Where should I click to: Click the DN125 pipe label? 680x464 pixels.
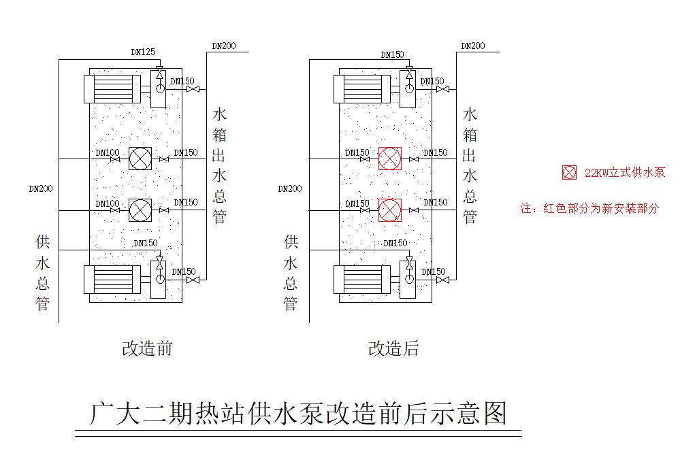(x=142, y=52)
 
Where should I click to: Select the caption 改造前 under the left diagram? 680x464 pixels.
(x=147, y=348)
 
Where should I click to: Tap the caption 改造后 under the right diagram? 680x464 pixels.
(x=393, y=348)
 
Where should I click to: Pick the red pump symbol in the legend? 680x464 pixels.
(x=569, y=173)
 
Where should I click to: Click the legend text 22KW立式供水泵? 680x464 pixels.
(x=624, y=173)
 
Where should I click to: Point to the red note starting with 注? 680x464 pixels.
(x=589, y=208)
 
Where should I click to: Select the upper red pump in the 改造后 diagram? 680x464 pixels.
(x=390, y=159)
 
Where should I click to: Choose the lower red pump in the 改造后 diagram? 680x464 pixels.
(x=390, y=210)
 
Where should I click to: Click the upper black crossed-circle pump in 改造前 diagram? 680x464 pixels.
(x=140, y=159)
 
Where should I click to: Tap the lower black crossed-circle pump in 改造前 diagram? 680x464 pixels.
(x=140, y=210)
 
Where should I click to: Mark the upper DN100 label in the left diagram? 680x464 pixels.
(x=108, y=153)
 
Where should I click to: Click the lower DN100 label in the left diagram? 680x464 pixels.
(x=108, y=203)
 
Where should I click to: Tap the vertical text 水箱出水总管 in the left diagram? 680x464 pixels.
(x=220, y=165)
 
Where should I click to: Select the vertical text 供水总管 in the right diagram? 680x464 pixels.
(x=291, y=272)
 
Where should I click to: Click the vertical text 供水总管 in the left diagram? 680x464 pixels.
(x=42, y=272)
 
